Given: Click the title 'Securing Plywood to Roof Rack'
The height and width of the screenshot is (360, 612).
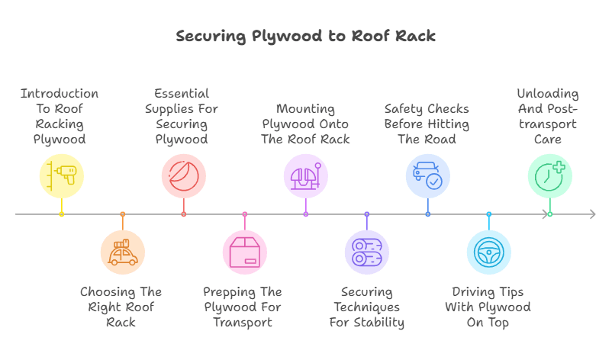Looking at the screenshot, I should coord(305,36).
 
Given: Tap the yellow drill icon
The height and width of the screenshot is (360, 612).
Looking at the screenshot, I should coord(61,175).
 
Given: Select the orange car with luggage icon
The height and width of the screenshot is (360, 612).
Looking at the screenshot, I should coord(122,252).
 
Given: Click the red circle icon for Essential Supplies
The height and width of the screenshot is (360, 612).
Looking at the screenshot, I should coord(183,175).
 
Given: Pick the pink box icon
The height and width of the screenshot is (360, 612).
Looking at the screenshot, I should coord(244,252).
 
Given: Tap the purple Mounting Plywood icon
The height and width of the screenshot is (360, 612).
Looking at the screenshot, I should coord(305,175).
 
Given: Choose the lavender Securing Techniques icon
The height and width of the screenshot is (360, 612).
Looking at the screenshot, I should coord(366,252).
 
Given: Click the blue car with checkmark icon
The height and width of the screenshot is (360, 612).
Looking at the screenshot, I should coord(427,175).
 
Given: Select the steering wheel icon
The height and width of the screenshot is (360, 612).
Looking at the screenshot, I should coord(488,252).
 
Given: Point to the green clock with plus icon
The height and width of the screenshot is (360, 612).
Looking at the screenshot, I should coord(549,175).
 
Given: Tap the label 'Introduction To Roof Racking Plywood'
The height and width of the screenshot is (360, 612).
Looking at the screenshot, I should coord(60,116).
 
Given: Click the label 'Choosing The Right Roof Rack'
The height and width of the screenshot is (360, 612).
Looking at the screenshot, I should coord(121,307).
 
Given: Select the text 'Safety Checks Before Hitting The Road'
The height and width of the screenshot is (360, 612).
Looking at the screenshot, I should coord(427,124).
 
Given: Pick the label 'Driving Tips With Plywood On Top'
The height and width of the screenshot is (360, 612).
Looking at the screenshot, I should coord(488,307).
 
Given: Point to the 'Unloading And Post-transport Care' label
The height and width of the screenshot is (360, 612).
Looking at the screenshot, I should coord(547,116).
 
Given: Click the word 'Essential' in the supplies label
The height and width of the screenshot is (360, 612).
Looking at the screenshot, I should coord(181,94).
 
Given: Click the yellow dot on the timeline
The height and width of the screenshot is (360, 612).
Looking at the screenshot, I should coord(61,214).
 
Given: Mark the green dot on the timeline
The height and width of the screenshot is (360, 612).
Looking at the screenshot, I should coord(549,214).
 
